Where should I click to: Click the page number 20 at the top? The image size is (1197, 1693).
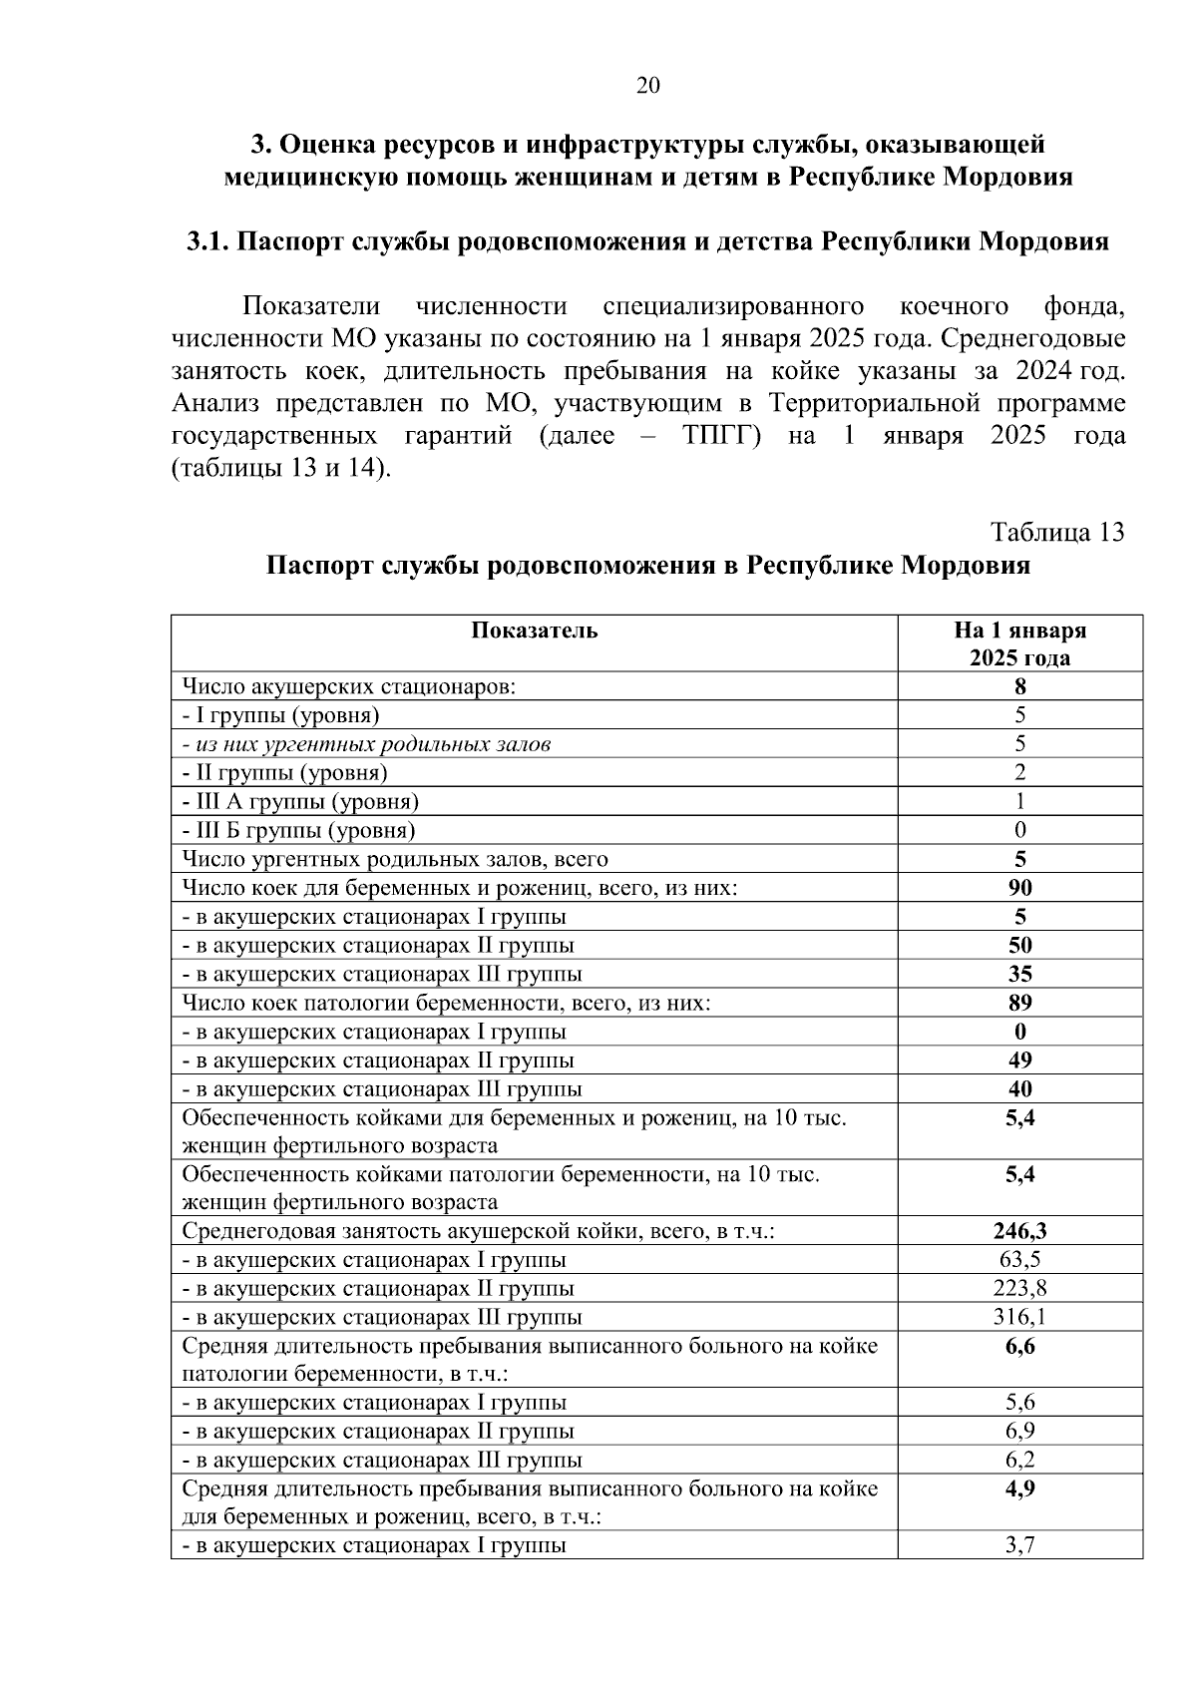tap(647, 86)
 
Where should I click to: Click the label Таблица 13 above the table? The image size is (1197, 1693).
tap(1057, 532)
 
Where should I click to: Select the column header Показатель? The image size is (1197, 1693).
tap(535, 631)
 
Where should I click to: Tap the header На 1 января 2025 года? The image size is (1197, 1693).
tap(1019, 643)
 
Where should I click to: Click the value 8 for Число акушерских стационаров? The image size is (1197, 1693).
tap(1019, 686)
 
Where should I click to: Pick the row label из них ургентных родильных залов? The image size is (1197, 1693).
tap(366, 744)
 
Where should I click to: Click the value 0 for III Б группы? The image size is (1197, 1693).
tap(1019, 830)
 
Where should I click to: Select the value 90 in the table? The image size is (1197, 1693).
tap(1019, 888)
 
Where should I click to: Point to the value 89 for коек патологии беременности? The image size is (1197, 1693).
tap(1019, 1003)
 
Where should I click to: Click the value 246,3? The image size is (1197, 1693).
tap(1019, 1231)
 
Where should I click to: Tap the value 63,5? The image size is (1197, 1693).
tap(1019, 1260)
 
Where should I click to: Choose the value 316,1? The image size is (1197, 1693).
tap(1019, 1317)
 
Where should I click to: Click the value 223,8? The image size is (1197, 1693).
tap(1019, 1288)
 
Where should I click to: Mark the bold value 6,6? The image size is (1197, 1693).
tap(1019, 1347)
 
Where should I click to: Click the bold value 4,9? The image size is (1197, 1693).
tap(1019, 1489)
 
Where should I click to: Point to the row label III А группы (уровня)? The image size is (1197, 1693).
tap(300, 801)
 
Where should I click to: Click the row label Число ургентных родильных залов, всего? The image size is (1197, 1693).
tap(395, 859)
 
